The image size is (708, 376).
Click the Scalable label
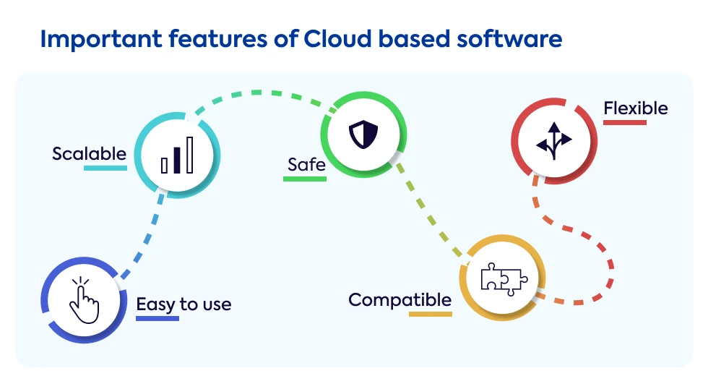(x=89, y=153)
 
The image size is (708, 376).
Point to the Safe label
(x=306, y=164)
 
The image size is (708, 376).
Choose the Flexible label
(x=636, y=108)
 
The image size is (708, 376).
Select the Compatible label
(x=400, y=299)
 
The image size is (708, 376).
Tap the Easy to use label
(x=184, y=304)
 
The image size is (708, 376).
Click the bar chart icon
(x=177, y=156)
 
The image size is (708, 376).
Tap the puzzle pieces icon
(x=504, y=278)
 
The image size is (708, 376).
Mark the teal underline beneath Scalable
(x=105, y=168)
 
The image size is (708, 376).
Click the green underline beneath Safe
(x=304, y=178)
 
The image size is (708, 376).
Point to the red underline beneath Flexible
(x=625, y=122)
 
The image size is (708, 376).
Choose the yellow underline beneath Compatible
(x=431, y=314)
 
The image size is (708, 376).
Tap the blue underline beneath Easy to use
(x=157, y=318)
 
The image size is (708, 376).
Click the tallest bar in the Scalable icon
(x=189, y=154)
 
